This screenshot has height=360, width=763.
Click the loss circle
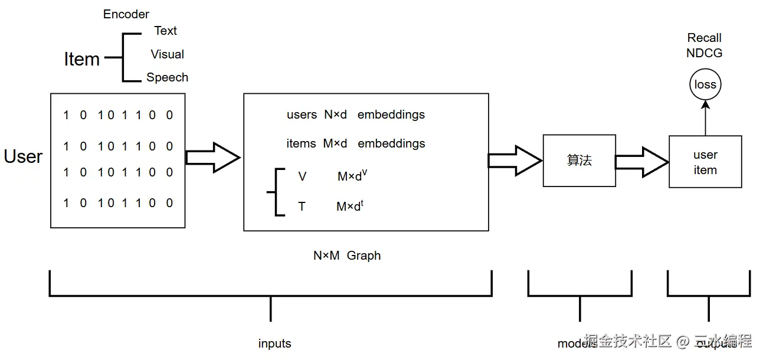(x=705, y=85)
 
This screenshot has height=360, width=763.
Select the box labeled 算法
(x=579, y=161)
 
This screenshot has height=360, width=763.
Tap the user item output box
(x=705, y=162)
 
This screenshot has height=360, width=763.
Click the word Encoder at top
(x=126, y=14)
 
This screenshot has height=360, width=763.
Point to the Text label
(x=166, y=31)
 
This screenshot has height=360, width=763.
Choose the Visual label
(x=168, y=54)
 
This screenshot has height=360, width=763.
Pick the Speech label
(x=168, y=77)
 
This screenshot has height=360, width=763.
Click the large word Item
(x=82, y=59)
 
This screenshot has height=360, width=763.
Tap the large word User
(x=24, y=156)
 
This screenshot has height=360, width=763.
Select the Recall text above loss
(x=705, y=38)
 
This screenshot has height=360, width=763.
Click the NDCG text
(x=705, y=53)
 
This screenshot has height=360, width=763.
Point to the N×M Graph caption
(x=347, y=256)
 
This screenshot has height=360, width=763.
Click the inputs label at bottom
(x=274, y=343)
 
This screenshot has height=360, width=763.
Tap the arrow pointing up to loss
(x=705, y=118)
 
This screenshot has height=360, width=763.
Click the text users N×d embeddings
(x=356, y=114)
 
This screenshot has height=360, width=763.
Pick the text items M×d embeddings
(x=356, y=143)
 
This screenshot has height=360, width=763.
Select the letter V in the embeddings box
(x=303, y=176)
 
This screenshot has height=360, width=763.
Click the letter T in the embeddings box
(x=302, y=207)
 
